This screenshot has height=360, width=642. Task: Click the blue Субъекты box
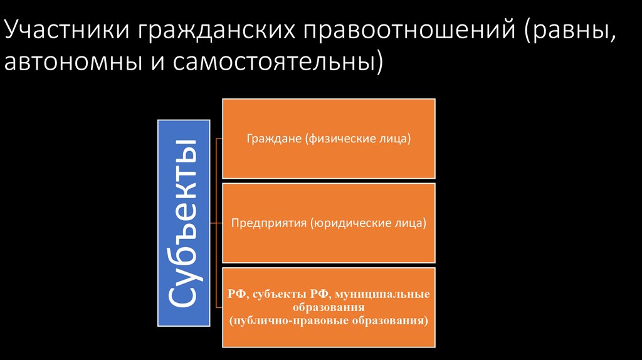pos(182,223)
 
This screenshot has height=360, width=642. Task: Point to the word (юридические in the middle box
pos(350,223)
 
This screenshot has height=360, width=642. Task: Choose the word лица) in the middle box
pos(410,223)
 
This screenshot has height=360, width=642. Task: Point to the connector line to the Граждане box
pos(217,139)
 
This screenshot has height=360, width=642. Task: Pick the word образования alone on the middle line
pos(329,307)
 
